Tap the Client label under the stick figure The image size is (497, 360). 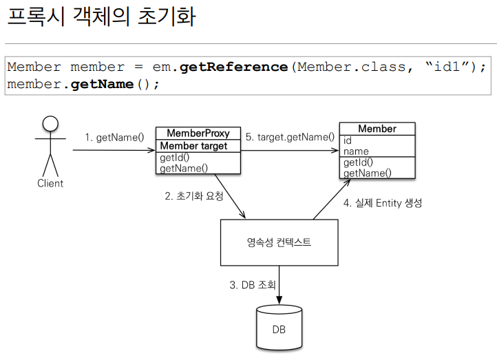(x=50, y=183)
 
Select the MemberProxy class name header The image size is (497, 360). (x=198, y=133)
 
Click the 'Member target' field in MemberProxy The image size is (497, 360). (x=193, y=146)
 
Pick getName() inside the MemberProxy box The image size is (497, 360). (x=184, y=167)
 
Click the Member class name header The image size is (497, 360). (x=377, y=129)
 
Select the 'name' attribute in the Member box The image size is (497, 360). (x=356, y=151)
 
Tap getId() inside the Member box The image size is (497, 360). (x=358, y=162)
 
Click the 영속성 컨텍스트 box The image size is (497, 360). (x=279, y=242)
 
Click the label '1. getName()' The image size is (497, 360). (x=114, y=137)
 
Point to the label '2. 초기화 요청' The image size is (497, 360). (x=194, y=195)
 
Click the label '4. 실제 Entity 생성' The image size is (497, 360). (x=383, y=203)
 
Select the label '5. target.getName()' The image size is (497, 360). (x=290, y=137)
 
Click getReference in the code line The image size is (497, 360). (x=234, y=67)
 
